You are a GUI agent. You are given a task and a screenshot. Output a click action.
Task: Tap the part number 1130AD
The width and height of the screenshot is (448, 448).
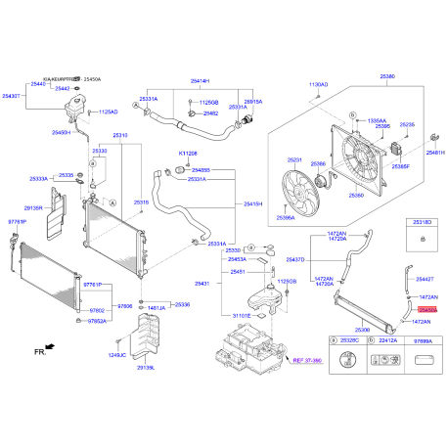(320, 85)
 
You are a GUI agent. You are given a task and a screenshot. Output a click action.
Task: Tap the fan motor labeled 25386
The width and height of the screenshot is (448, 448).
(319, 165)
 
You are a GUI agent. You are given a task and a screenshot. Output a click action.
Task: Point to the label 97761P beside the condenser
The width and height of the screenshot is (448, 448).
(18, 222)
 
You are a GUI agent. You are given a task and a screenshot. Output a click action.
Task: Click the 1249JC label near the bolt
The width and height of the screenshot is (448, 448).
(117, 355)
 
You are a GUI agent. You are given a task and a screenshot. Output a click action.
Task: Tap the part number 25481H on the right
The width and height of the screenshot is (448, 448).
(435, 154)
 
